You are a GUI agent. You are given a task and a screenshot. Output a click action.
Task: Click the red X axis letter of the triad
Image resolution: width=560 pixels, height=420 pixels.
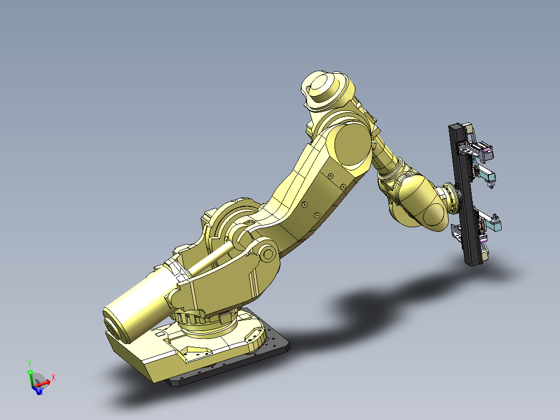(54, 377)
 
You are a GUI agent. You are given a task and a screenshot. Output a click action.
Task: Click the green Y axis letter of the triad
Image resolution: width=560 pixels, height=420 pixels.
(30, 363)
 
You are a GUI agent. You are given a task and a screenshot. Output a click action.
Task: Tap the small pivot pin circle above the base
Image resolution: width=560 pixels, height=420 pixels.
(268, 254)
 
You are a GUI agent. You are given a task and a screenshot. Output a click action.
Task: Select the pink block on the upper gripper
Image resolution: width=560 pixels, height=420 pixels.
(487, 153)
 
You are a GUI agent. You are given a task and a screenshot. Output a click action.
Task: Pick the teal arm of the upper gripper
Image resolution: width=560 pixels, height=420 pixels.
(486, 175)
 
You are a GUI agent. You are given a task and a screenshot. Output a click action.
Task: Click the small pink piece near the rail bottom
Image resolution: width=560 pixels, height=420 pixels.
(484, 240)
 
